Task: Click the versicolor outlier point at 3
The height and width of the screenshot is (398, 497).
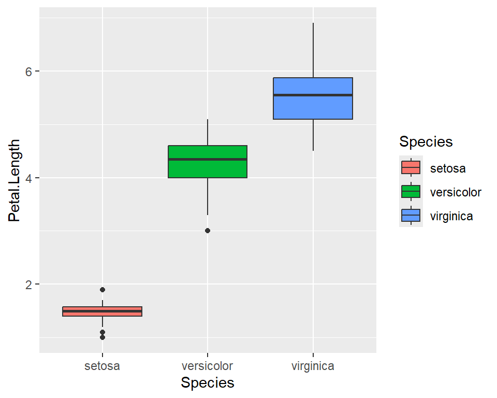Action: (x=208, y=231)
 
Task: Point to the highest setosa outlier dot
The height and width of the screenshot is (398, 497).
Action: (x=103, y=290)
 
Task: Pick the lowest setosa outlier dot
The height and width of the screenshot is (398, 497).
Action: (x=103, y=337)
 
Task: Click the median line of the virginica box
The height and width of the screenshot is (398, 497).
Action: (x=313, y=95)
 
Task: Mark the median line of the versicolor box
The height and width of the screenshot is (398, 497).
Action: (x=208, y=160)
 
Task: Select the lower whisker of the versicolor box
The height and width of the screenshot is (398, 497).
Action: (x=208, y=196)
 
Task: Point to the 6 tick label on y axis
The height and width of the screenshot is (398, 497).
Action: (x=30, y=72)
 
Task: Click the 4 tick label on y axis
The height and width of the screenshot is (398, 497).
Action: (x=30, y=178)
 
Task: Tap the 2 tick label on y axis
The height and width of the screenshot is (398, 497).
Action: (x=30, y=285)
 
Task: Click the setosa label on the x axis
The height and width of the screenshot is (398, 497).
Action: (x=103, y=366)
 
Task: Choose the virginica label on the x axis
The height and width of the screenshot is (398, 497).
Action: (x=313, y=366)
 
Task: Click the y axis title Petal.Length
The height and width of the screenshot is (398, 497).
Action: (x=15, y=180)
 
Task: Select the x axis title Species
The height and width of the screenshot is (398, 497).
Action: (x=208, y=383)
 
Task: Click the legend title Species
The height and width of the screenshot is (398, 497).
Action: (x=426, y=141)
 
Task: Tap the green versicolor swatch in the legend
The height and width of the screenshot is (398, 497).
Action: (x=411, y=192)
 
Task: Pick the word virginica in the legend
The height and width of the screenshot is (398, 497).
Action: (x=451, y=216)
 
